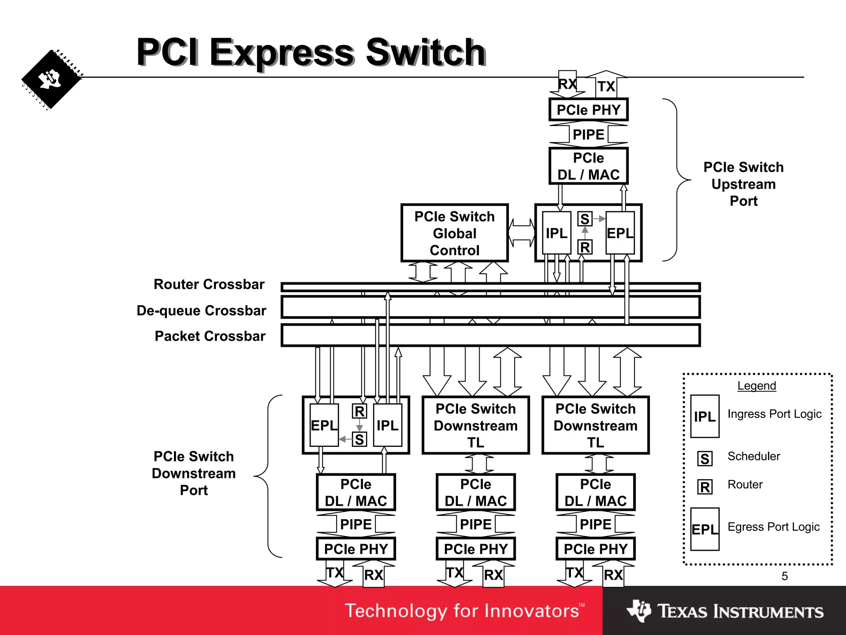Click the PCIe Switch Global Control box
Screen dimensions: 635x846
454,233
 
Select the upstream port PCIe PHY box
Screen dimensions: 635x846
588,110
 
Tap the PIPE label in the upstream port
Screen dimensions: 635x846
588,134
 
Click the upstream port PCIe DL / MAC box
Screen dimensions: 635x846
588,166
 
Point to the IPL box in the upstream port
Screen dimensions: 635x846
556,233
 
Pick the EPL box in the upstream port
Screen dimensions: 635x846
620,233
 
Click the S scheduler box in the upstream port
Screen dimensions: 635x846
585,219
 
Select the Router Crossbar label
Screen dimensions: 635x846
209,284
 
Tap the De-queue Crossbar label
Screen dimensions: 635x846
201,310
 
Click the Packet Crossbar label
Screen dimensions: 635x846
210,336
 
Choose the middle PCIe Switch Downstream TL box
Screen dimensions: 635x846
475,425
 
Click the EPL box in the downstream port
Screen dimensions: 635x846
324,425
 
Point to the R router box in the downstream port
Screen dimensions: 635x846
359,411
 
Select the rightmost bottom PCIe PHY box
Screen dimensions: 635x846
595,549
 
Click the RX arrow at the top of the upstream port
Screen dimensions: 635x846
567,84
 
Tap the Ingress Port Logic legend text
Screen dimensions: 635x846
774,414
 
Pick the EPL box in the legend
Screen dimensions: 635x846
705,529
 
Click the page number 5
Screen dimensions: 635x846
784,576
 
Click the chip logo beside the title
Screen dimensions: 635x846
51,79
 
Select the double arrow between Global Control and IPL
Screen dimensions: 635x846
521,233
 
